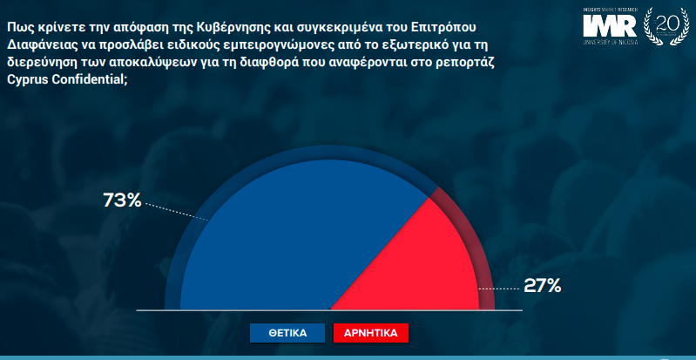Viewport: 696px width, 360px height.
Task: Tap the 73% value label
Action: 122,200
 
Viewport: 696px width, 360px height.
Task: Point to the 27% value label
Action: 543,286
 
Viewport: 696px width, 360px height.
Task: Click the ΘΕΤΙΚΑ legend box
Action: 287,333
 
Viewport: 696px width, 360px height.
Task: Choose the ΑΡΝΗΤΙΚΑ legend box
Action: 370,333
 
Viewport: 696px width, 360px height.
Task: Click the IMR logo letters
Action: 610,26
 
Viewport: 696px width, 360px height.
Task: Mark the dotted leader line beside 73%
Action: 177,212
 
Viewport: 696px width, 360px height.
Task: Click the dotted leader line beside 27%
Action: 499,289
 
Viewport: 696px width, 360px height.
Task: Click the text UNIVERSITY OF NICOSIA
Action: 610,42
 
